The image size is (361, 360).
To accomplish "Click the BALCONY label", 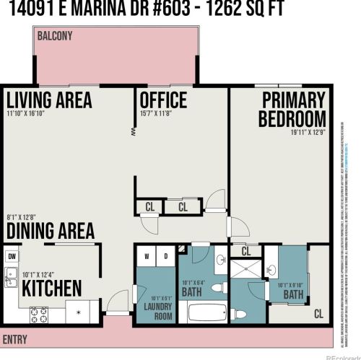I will point(55,35).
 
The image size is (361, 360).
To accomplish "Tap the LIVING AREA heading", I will point(49,99).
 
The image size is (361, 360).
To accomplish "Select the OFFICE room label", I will point(163,100).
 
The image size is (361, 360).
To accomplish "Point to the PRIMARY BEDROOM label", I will point(293,109).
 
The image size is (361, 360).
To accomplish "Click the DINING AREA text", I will point(50,231).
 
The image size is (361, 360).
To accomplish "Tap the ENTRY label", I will point(15,339).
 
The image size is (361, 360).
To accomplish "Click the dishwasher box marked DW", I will point(12,255).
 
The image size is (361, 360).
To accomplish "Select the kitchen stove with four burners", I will point(38,314).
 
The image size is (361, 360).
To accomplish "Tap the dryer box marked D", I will point(165,255).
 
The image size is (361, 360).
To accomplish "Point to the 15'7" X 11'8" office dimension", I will point(156,113).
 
